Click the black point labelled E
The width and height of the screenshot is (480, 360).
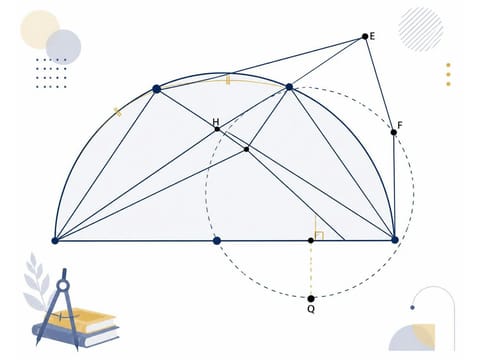pyautogui.click(x=365, y=36)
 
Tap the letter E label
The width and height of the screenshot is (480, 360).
pyautogui.click(x=372, y=36)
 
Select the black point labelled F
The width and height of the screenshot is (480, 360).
pyautogui.click(x=394, y=132)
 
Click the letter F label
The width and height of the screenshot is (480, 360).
pyautogui.click(x=400, y=125)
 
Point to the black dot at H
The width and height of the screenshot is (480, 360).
pyautogui.click(x=217, y=129)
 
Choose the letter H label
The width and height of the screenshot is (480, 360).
pyautogui.click(x=216, y=122)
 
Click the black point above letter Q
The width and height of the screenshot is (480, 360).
pyautogui.click(x=311, y=298)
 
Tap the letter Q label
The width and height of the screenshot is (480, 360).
pyautogui.click(x=311, y=309)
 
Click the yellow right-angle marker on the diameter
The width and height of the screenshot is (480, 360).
pyautogui.click(x=319, y=235)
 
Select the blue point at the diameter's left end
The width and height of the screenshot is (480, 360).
pyautogui.click(x=55, y=241)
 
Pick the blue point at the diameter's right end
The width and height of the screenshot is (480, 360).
pyautogui.click(x=395, y=240)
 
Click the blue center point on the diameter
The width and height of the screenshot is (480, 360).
pyautogui.click(x=217, y=241)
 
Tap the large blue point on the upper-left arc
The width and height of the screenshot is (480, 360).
pyautogui.click(x=157, y=89)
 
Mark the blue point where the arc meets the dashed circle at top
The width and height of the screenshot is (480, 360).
pyautogui.click(x=289, y=87)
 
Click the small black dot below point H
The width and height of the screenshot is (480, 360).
pyautogui.click(x=246, y=149)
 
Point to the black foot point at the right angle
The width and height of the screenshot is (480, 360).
pyautogui.click(x=311, y=240)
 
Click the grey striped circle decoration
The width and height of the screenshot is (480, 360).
pyautogui.click(x=421, y=29)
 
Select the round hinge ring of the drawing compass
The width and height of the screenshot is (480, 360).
pyautogui.click(x=63, y=285)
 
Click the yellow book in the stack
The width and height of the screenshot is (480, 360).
pyautogui.click(x=82, y=320)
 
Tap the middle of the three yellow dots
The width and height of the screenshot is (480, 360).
pyautogui.click(x=448, y=74)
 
